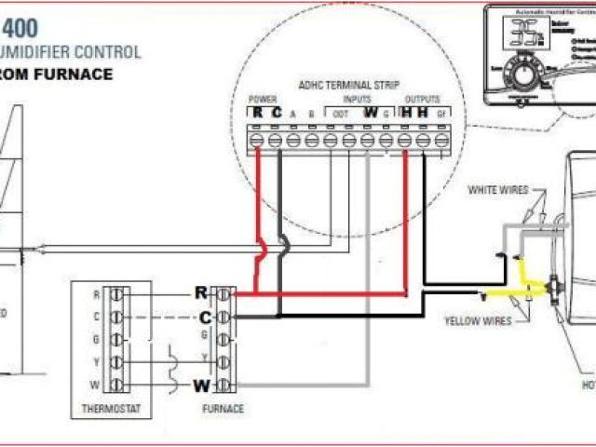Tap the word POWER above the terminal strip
pyautogui.click(x=263, y=99)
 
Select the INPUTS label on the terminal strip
pyautogui.click(x=355, y=99)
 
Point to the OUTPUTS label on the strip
pyautogui.click(x=422, y=99)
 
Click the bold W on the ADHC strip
pyautogui.click(x=370, y=113)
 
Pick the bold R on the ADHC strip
pyautogui.click(x=258, y=113)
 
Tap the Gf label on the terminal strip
pyautogui.click(x=441, y=114)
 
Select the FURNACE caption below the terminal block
pyautogui.click(x=223, y=409)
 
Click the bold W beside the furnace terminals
pyautogui.click(x=201, y=385)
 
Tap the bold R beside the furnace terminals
pyautogui.click(x=201, y=292)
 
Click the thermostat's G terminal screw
pyautogui.click(x=116, y=339)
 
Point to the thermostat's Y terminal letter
pyautogui.click(x=96, y=361)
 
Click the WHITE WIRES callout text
pyautogui.click(x=498, y=190)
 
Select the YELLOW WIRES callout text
pyautogui.click(x=477, y=321)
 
